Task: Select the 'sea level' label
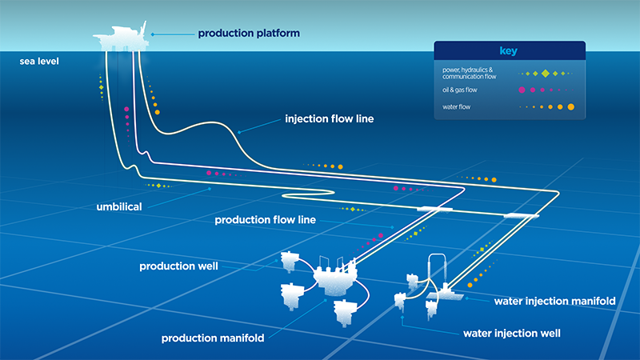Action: tap(39, 61)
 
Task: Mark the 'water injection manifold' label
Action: tap(554, 302)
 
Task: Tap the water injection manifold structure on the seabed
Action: tap(442, 294)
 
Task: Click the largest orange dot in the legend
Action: tap(570, 106)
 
